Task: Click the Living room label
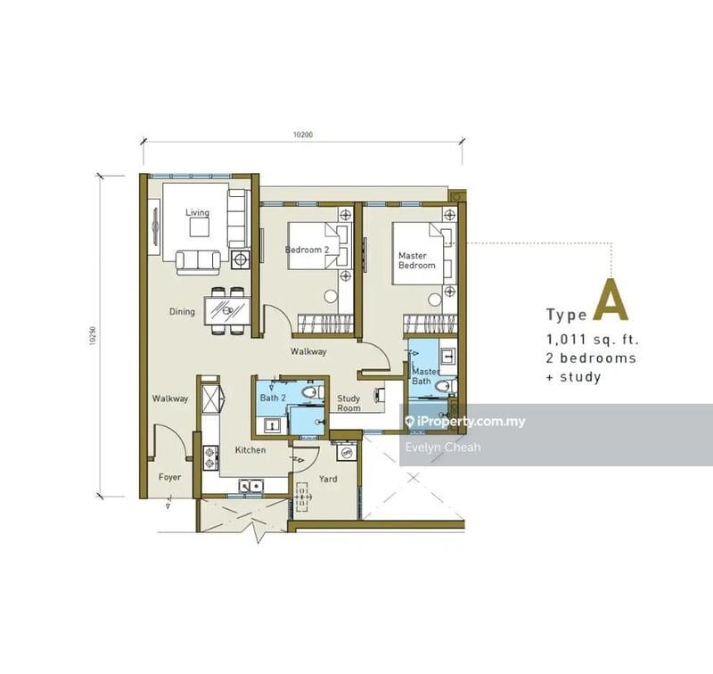197,212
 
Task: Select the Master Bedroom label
416,260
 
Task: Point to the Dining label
183,312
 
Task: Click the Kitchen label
250,450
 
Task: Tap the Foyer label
169,477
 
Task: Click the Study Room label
348,404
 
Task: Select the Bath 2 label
272,399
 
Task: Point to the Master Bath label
425,376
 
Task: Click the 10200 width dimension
303,136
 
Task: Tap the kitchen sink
249,486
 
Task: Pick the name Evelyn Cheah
443,447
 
